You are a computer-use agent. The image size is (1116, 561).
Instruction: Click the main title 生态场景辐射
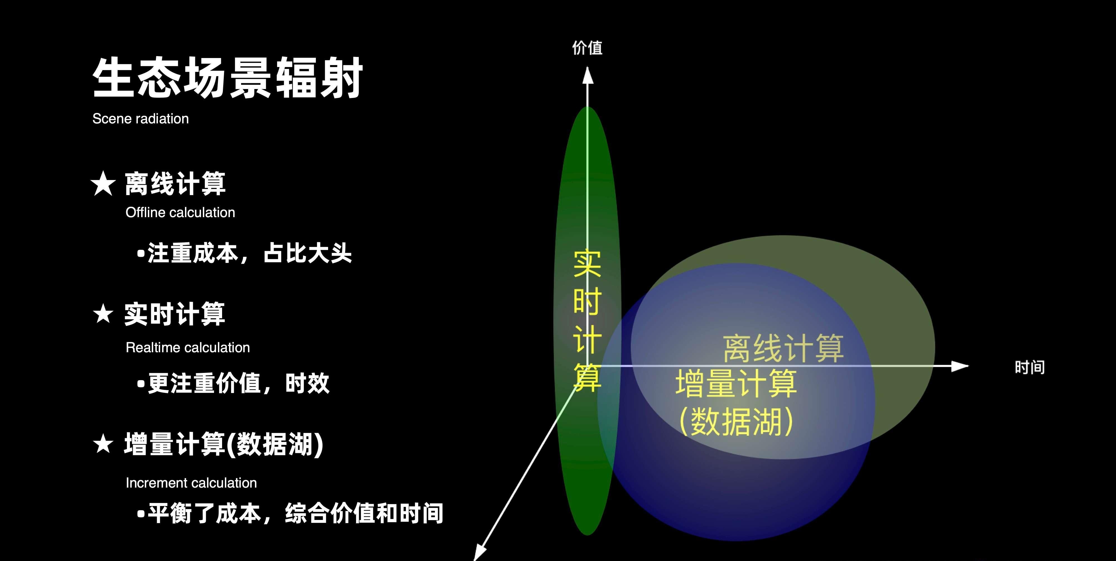227,78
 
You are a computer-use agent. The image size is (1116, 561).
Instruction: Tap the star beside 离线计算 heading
103,183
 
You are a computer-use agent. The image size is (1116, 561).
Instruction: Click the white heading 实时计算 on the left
175,314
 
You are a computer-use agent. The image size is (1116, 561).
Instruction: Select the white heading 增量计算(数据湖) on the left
223,444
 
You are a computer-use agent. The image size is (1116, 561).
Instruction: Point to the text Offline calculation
180,212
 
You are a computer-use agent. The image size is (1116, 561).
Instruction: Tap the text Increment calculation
191,483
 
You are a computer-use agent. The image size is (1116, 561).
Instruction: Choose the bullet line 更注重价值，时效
233,383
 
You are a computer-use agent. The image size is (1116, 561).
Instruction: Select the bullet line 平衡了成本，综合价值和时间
290,513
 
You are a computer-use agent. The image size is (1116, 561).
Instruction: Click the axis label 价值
587,48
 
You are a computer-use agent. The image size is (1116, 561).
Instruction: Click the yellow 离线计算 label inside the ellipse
783,348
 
